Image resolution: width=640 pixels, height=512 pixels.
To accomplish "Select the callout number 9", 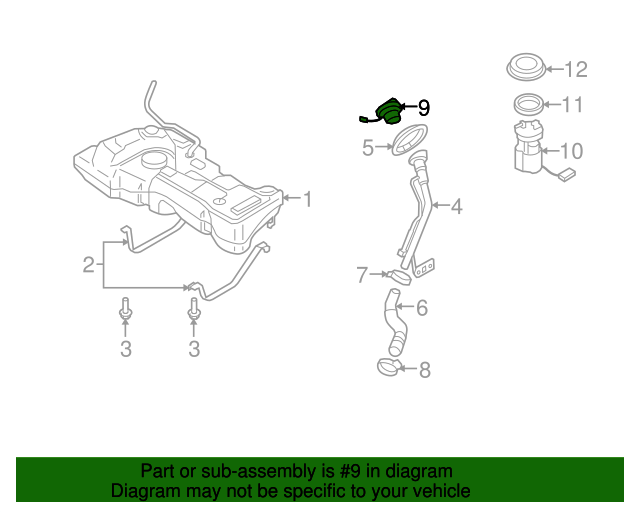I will pyautogui.click(x=423, y=107).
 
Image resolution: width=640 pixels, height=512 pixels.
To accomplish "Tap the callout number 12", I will pyautogui.click(x=576, y=70).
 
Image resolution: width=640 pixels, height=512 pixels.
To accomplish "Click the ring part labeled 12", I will pyautogui.click(x=524, y=68).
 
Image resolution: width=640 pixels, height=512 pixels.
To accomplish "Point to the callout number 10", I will pyautogui.click(x=570, y=152).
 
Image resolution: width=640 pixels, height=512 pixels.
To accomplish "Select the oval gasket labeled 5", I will pyautogui.click(x=406, y=142).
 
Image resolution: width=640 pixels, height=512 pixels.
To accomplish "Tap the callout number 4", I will pyautogui.click(x=456, y=207).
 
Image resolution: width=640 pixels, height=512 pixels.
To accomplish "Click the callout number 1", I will pyautogui.click(x=308, y=200).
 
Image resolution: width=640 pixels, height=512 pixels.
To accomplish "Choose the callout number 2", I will pyautogui.click(x=89, y=265).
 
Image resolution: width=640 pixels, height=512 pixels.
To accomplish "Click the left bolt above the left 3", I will pyautogui.click(x=125, y=310).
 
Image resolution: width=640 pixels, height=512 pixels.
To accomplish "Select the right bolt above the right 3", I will pyautogui.click(x=194, y=310).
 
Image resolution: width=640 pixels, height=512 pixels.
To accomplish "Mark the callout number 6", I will pyautogui.click(x=421, y=308).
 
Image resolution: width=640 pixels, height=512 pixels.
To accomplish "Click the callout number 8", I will pyautogui.click(x=424, y=371).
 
